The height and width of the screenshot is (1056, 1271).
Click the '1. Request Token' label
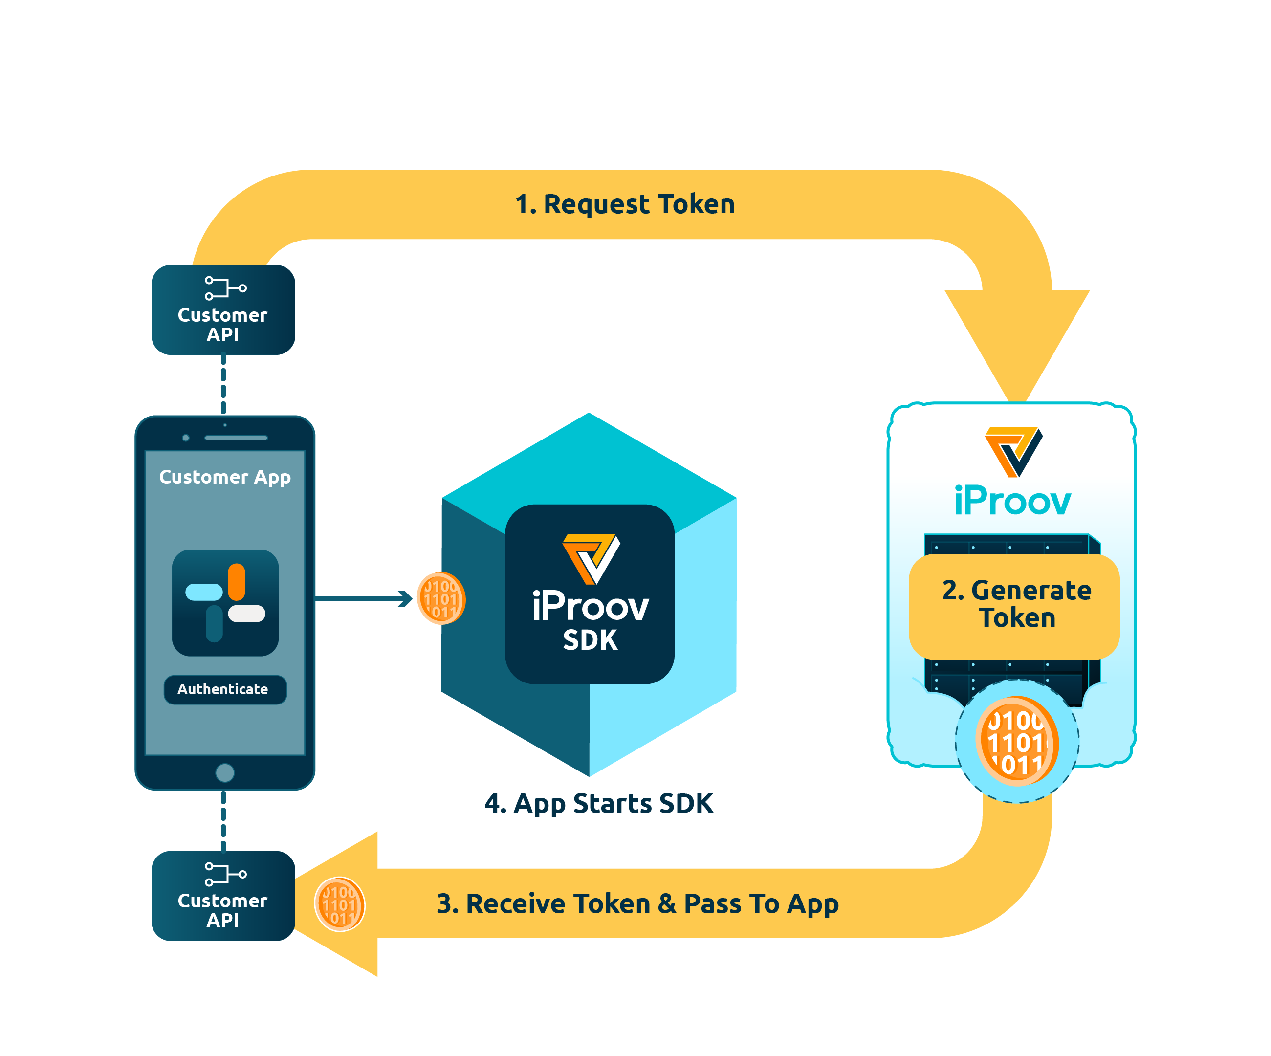(625, 204)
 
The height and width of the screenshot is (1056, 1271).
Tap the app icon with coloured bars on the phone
(225, 603)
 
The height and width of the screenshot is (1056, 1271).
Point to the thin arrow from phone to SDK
(363, 598)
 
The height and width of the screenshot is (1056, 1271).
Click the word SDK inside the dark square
(590, 640)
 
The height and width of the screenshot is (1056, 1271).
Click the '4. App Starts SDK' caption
(598, 804)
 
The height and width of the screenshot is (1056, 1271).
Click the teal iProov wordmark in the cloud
(1012, 501)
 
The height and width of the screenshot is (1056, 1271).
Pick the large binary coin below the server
(1017, 741)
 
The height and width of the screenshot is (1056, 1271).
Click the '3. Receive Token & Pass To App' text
(637, 903)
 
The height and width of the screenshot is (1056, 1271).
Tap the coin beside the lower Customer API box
(340, 904)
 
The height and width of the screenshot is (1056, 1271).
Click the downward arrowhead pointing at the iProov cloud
(1017, 339)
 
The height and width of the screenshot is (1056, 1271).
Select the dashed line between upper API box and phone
(223, 385)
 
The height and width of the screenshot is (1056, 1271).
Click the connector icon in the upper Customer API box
(225, 288)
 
